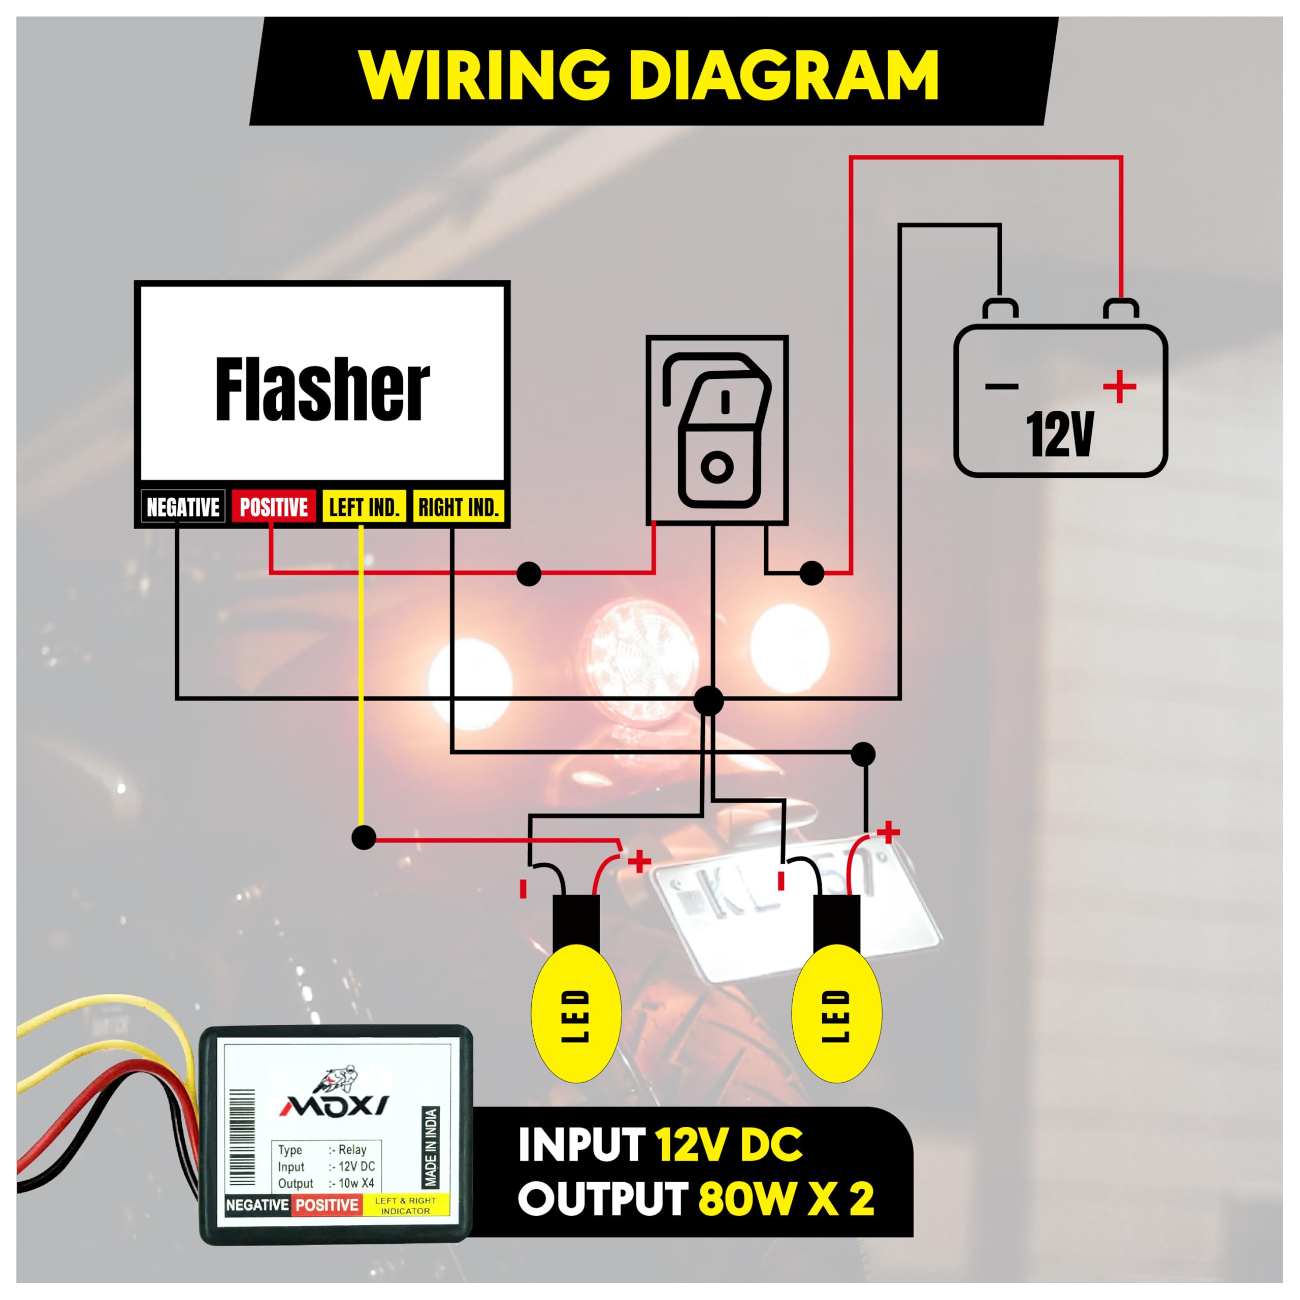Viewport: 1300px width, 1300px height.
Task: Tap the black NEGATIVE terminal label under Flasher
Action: coord(182,507)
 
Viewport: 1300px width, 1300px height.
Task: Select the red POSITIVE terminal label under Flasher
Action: coord(273,507)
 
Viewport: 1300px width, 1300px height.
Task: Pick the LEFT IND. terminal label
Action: coord(364,507)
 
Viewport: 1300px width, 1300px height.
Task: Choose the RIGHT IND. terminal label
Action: coord(458,507)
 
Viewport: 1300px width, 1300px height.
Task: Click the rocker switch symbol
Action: coord(718,430)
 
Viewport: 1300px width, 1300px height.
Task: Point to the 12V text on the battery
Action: coord(1060,434)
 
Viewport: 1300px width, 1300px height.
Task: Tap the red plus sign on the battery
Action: coord(1120,386)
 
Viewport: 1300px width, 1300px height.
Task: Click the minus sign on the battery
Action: coord(1002,386)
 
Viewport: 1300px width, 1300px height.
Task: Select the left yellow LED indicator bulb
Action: coord(576,1013)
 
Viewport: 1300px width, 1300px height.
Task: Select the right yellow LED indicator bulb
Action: coord(836,1013)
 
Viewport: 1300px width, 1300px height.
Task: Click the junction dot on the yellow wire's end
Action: coord(364,838)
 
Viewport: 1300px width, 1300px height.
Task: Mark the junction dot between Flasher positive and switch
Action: coord(529,574)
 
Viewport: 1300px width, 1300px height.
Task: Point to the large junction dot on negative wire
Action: coord(708,700)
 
